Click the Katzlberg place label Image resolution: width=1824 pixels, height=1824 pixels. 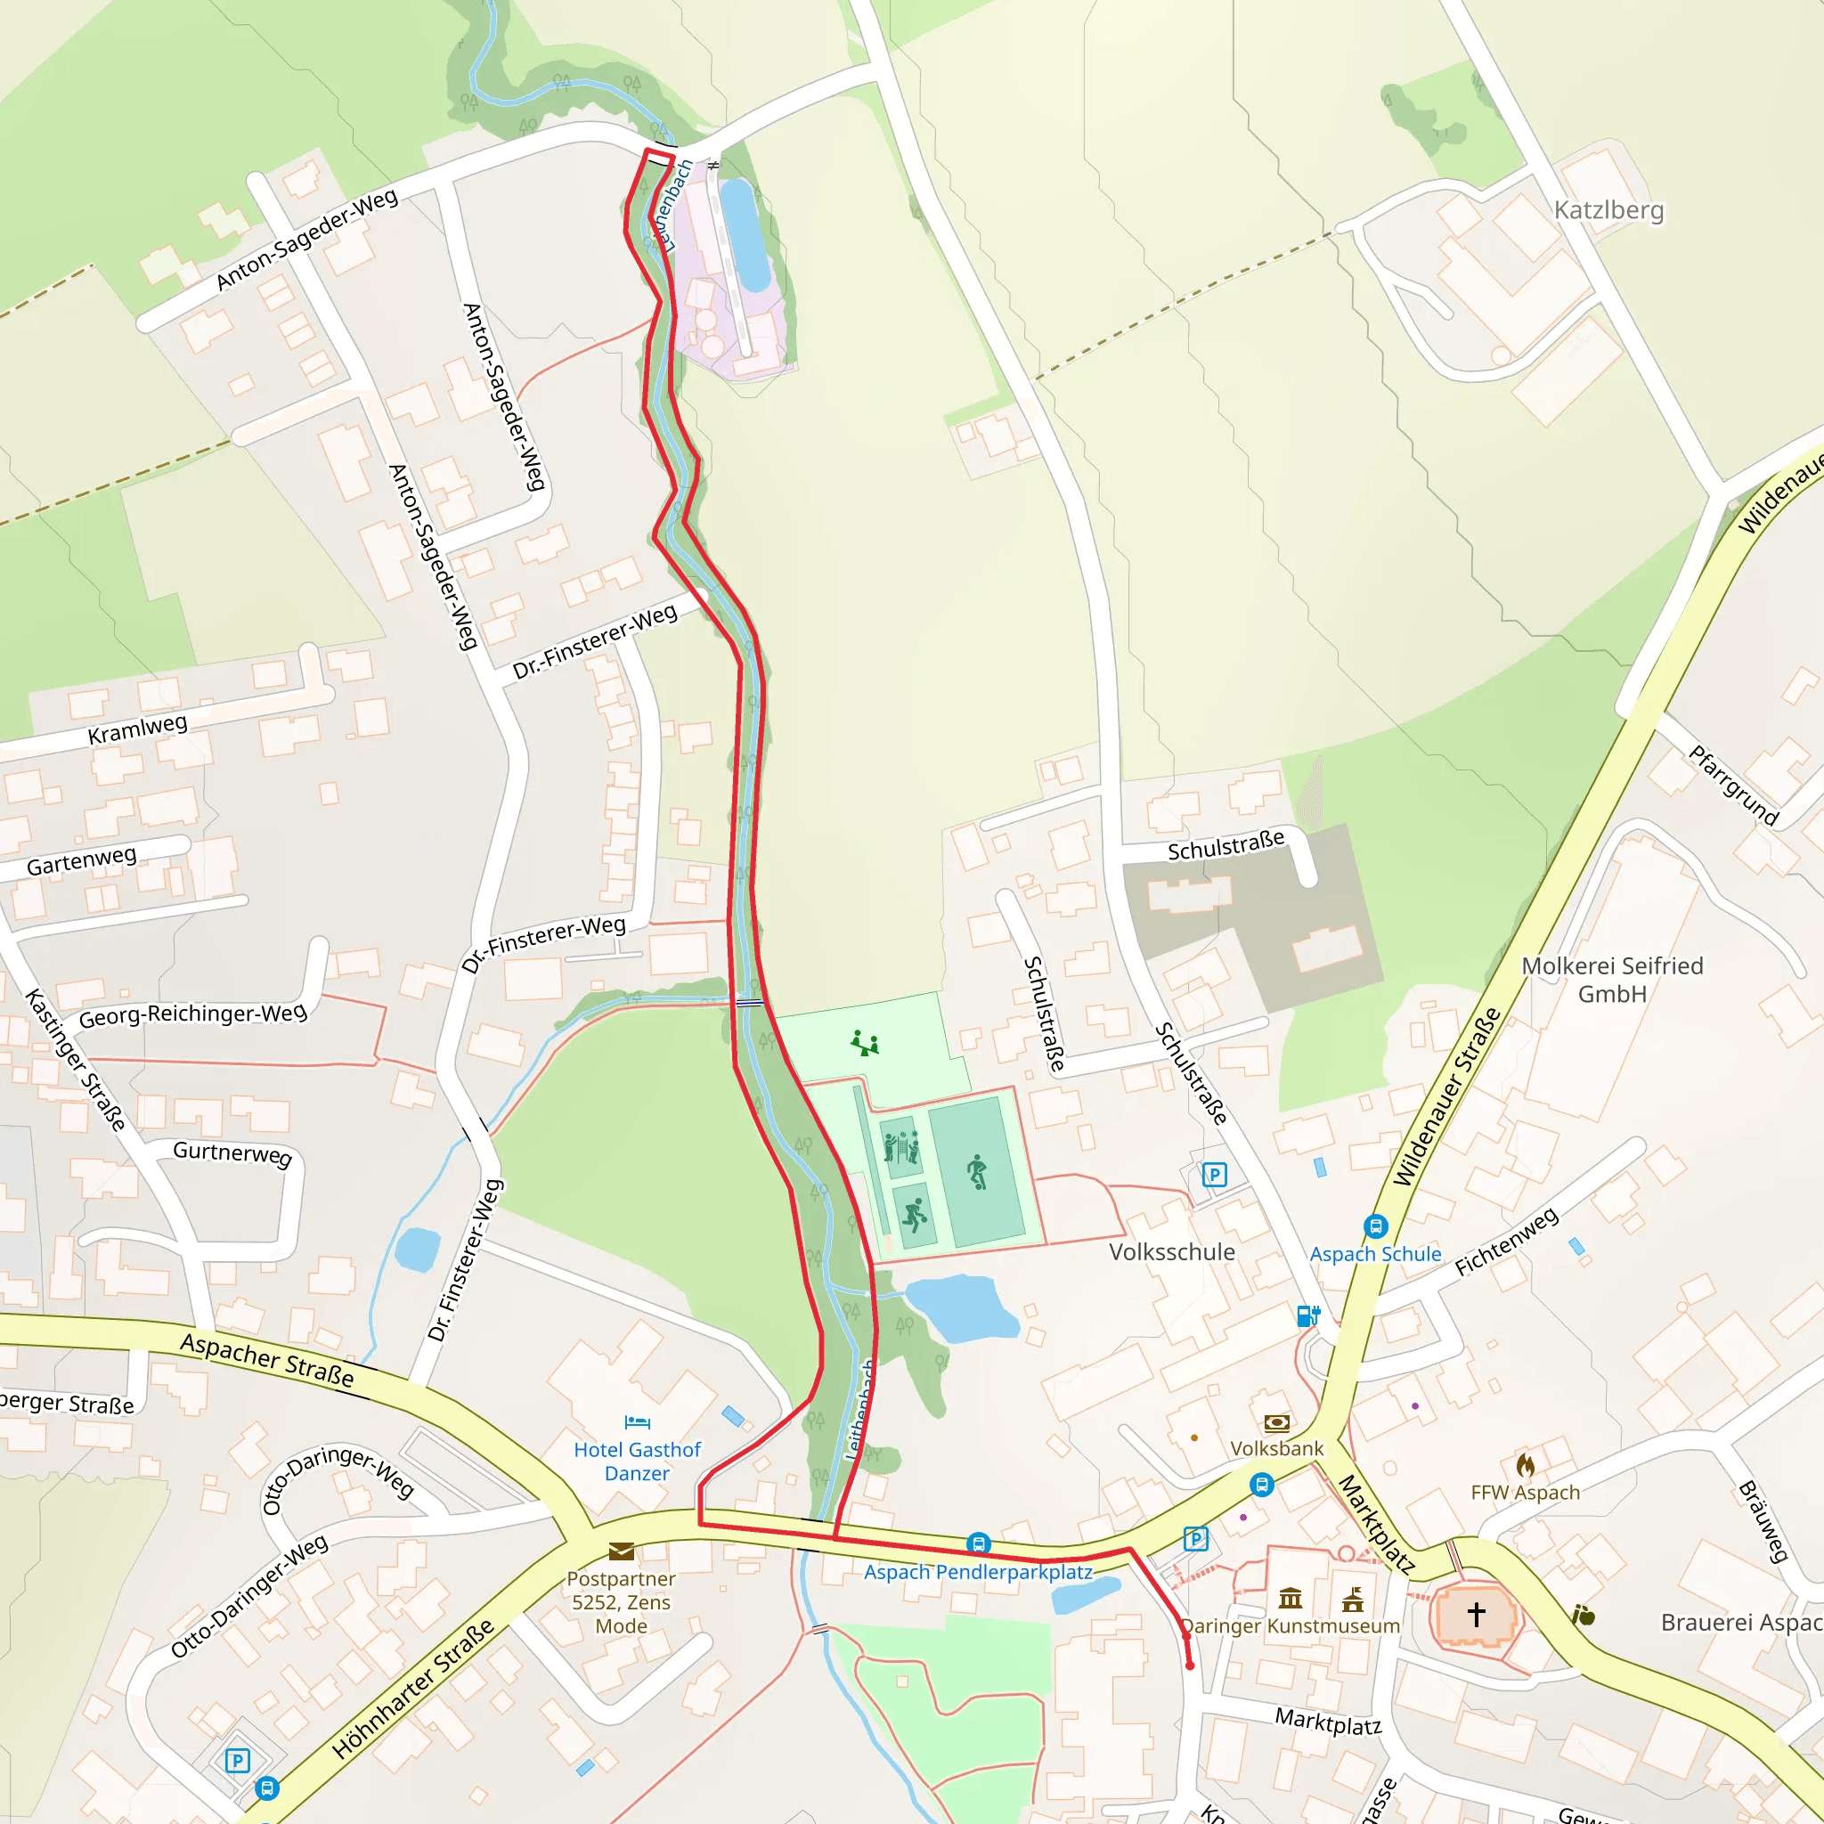coord(1608,209)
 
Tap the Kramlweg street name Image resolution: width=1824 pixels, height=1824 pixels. coord(138,729)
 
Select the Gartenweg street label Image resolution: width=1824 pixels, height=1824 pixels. coord(81,860)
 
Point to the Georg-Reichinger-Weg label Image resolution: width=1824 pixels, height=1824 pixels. coord(192,1015)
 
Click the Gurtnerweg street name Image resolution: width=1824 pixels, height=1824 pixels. coord(232,1152)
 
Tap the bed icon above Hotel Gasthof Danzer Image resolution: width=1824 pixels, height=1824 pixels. coord(638,1421)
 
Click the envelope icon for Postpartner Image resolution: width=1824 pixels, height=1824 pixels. coord(622,1551)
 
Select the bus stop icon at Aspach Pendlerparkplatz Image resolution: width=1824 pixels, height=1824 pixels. coord(979,1544)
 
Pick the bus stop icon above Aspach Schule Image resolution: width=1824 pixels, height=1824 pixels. coord(1375,1226)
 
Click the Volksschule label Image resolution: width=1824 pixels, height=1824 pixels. coord(1172,1252)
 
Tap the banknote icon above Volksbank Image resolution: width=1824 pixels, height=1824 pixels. coord(1276,1422)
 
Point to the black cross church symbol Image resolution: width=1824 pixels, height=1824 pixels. coord(1477,1614)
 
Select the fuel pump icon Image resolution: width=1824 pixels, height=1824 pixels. coord(1307,1316)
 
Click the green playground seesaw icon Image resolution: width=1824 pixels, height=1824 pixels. coord(865,1043)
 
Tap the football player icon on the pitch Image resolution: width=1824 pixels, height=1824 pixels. coord(977,1172)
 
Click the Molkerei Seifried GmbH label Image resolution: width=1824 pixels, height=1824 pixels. coord(1611,979)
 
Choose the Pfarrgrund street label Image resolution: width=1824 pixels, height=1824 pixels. coord(1733,786)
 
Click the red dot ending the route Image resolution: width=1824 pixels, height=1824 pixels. coord(1190,1666)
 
